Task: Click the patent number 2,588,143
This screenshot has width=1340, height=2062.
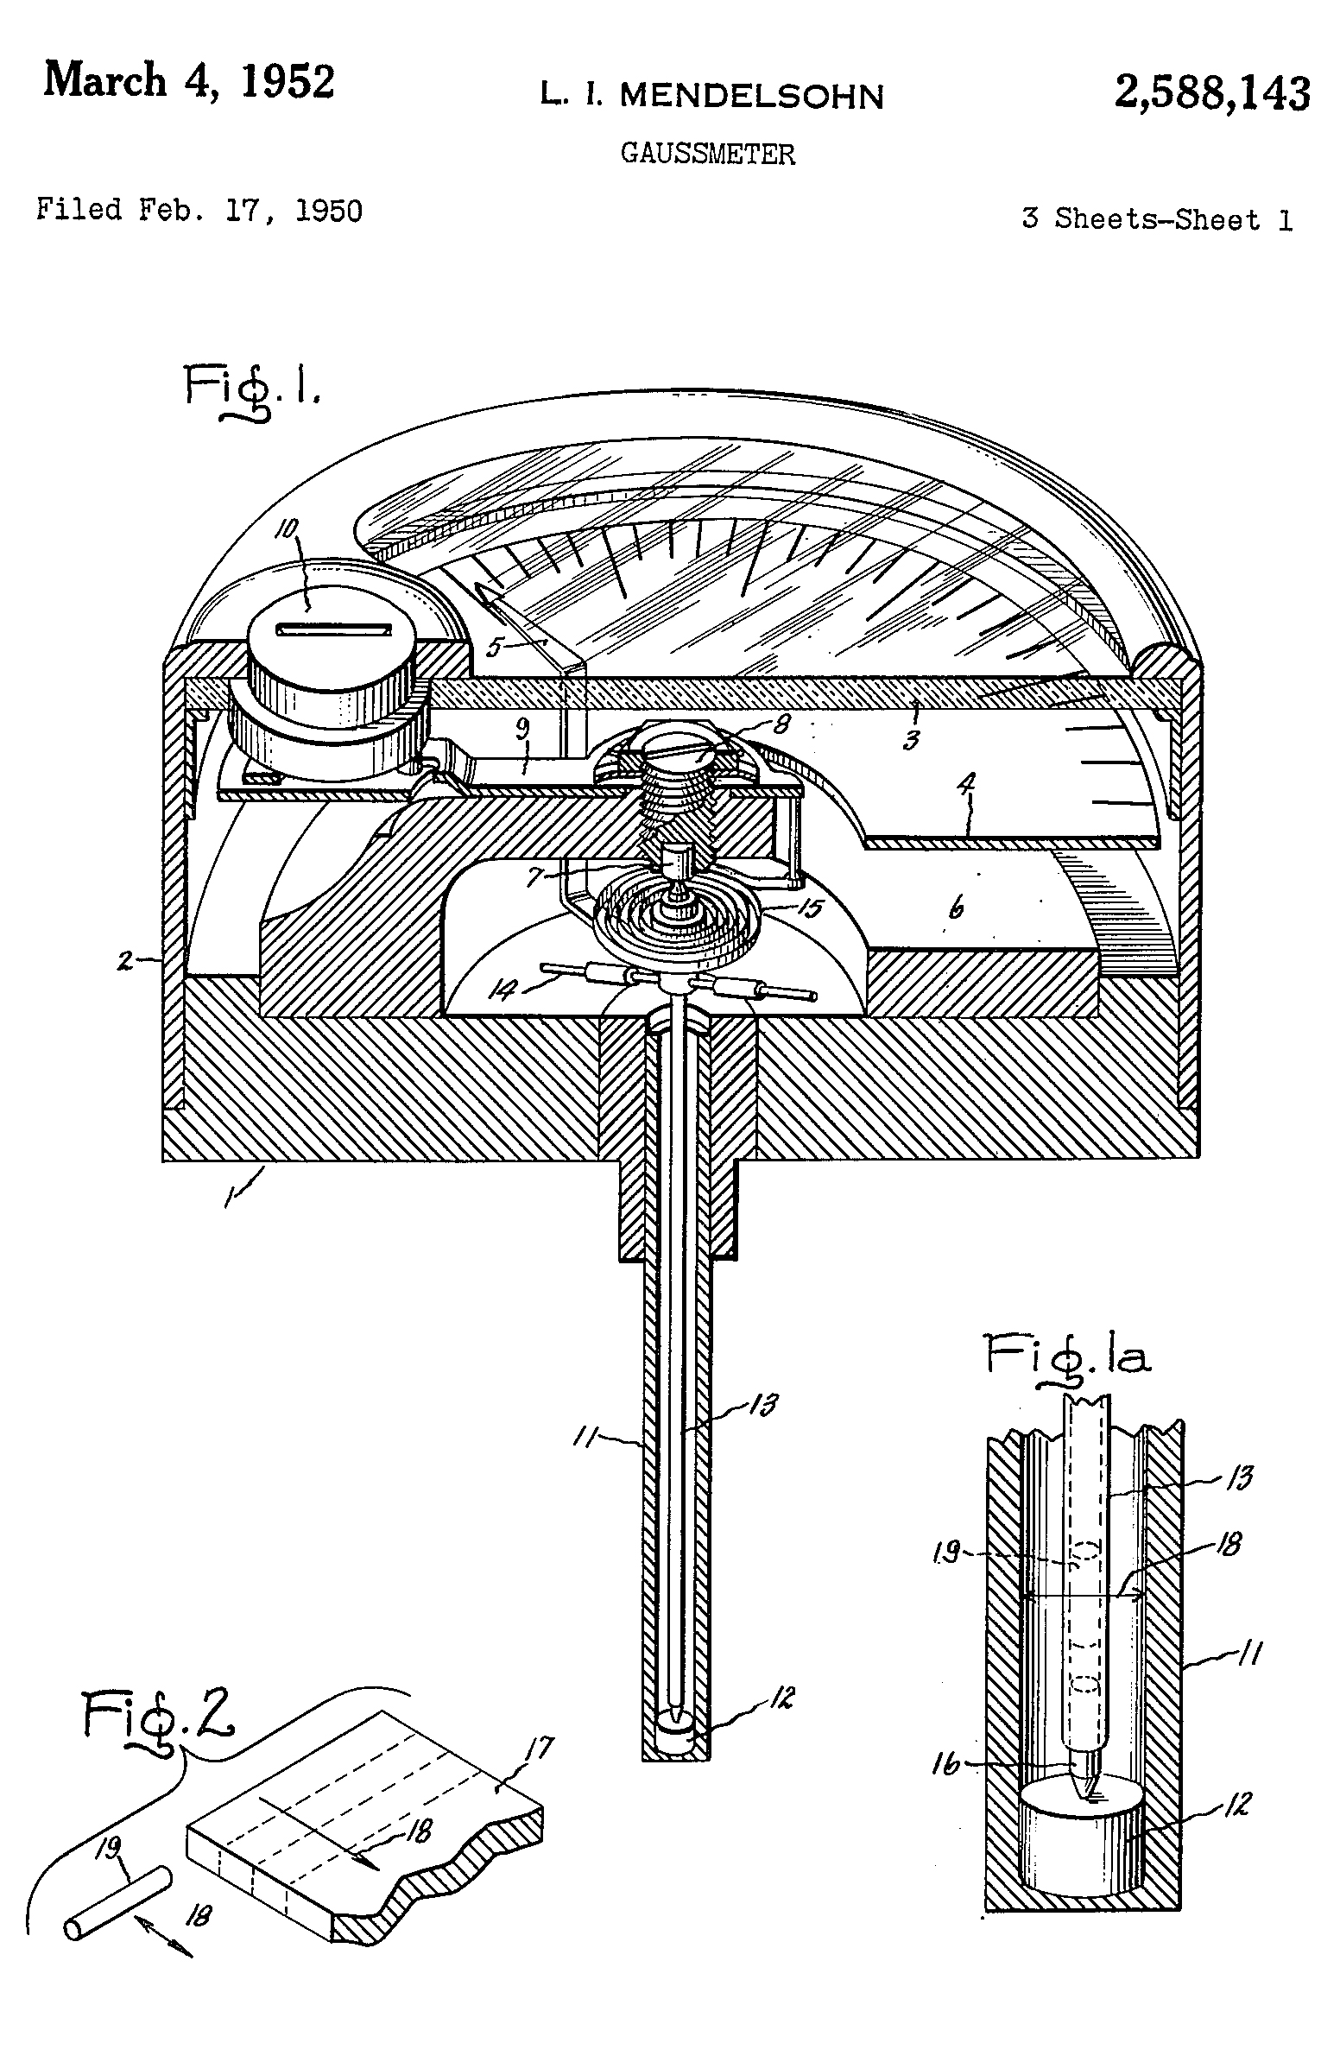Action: [x=1212, y=92]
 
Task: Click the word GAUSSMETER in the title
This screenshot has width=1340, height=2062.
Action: [x=708, y=155]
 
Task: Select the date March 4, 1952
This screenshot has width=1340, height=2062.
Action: [x=189, y=82]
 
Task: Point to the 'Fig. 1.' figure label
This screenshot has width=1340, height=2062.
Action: [x=251, y=391]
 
